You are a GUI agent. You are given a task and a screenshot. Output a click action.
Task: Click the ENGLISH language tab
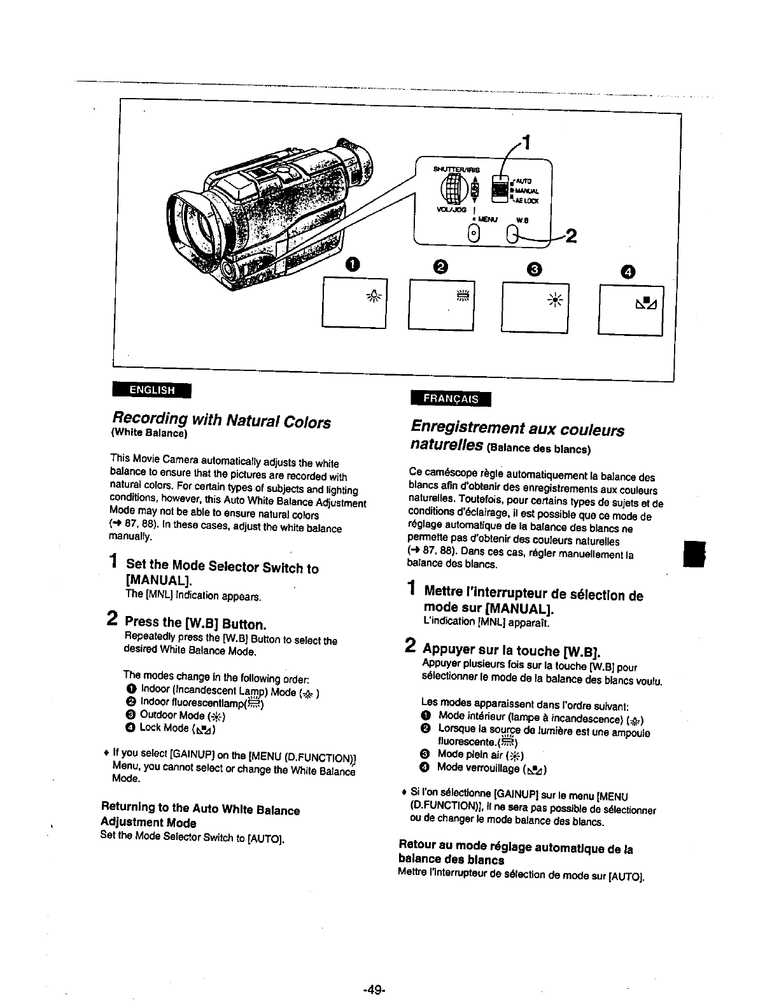point(151,389)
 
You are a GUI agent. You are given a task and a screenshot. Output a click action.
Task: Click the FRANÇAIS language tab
point(451,398)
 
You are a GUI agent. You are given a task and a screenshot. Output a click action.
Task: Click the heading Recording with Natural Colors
point(221,421)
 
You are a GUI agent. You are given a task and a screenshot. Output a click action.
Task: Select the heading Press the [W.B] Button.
point(195,622)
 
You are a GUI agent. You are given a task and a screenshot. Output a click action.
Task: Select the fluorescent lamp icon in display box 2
point(462,294)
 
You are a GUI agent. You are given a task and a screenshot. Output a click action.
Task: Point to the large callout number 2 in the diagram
point(571,237)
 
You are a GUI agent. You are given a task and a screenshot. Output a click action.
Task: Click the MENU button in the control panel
point(473,234)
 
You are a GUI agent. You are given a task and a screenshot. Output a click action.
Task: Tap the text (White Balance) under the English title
point(148,433)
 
